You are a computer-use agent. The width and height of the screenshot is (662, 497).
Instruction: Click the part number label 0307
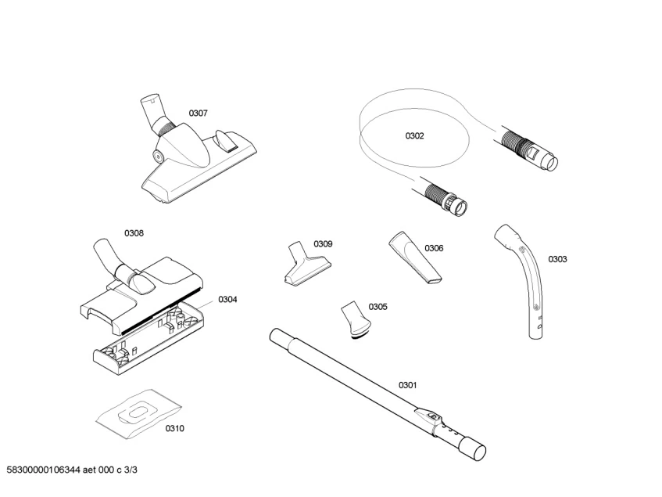198,113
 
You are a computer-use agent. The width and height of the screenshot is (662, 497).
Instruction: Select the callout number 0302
414,135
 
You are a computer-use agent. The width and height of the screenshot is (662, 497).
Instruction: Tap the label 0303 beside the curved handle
557,259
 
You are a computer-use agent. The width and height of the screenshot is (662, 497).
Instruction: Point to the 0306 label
434,248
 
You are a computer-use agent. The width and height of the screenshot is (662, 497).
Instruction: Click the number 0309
323,244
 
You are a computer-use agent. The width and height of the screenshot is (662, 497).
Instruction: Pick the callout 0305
378,307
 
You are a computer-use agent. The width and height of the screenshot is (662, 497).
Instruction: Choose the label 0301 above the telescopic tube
407,385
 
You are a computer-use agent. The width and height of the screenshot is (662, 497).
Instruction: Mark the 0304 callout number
227,300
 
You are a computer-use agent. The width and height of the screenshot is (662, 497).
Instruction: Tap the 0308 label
134,233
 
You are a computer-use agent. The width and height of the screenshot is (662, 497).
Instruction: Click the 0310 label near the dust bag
175,429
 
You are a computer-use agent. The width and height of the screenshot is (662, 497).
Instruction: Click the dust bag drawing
139,414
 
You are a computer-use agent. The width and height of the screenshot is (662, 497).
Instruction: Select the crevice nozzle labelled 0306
414,258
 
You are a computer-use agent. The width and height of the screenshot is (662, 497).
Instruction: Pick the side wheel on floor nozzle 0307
159,157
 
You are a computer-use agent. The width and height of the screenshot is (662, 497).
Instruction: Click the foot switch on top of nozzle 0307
225,140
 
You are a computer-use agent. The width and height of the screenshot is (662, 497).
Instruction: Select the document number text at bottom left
72,470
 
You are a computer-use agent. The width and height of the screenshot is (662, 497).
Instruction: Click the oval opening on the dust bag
138,412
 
